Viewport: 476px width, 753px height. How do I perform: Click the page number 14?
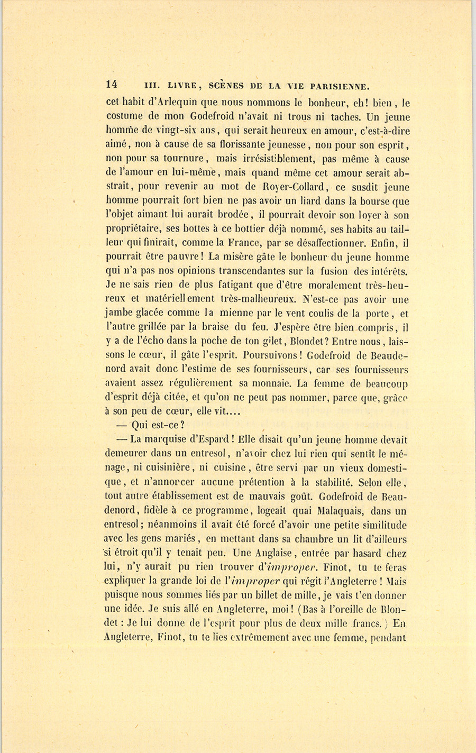click(112, 85)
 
